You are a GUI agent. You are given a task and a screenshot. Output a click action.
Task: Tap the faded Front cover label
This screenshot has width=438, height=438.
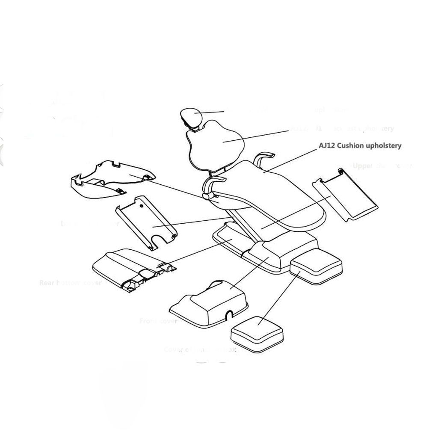tap(158, 321)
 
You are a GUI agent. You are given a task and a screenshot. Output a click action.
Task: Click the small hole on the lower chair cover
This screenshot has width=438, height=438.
tap(142, 205)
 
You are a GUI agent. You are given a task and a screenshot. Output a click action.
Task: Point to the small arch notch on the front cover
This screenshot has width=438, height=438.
tap(230, 315)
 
